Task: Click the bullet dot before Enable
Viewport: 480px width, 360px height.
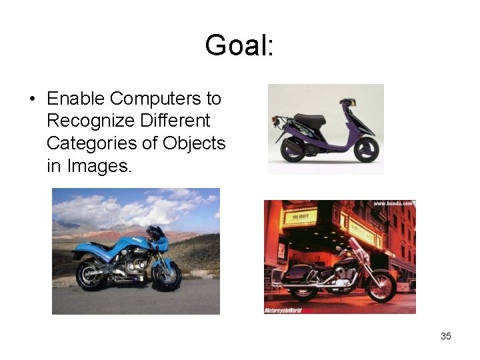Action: [32, 99]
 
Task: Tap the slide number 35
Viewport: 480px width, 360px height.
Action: [446, 336]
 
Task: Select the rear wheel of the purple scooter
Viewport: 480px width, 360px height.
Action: [293, 150]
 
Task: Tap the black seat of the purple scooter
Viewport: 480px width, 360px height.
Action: [310, 119]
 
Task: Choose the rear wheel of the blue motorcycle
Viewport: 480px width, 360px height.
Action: [91, 275]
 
